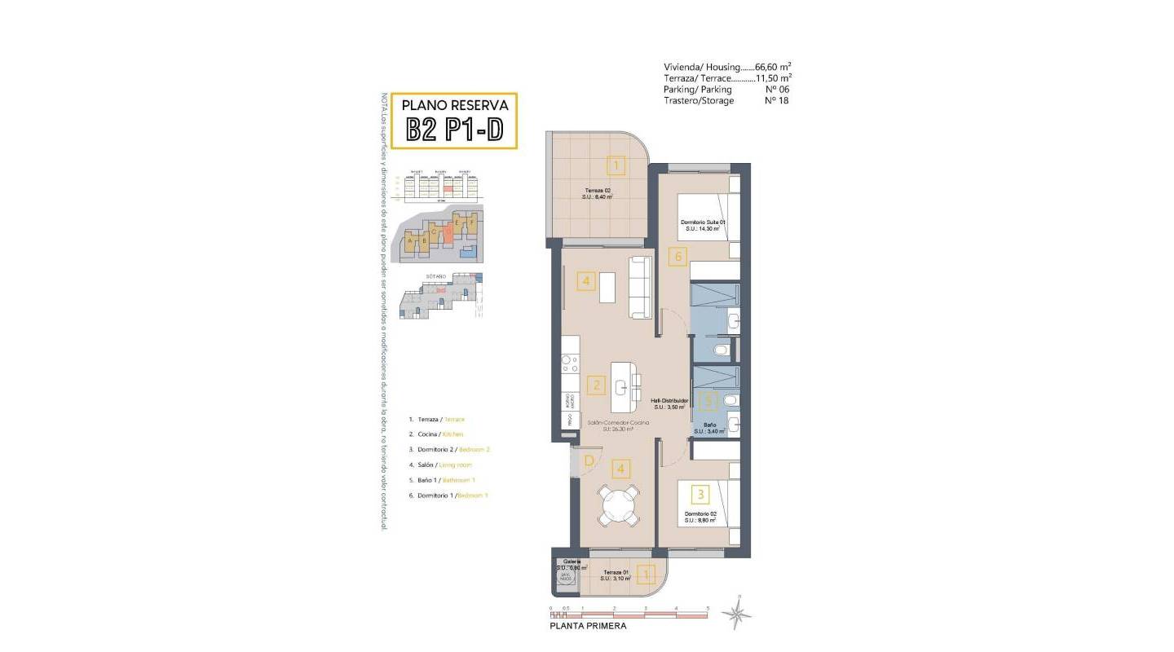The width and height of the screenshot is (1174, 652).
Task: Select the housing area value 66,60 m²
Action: point(774,67)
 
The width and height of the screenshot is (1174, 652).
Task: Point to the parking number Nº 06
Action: point(776,90)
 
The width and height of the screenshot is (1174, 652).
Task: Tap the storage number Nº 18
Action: point(776,101)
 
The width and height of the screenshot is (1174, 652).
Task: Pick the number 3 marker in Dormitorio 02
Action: point(699,493)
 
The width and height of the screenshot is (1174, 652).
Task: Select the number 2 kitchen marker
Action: point(597,385)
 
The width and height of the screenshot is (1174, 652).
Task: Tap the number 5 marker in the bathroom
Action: point(709,400)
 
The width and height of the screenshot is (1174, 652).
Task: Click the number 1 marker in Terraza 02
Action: point(616,166)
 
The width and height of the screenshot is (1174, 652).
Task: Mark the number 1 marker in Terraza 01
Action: point(646,575)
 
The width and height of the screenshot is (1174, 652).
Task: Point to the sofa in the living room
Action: point(640,287)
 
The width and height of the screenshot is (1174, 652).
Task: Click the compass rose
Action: point(738,614)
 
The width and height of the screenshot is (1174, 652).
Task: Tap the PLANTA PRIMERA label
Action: point(589,626)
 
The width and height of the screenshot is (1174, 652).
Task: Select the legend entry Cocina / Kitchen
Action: point(435,434)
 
